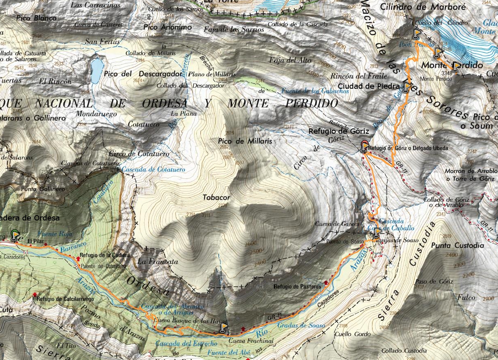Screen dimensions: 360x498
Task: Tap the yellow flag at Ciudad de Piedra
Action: tap(407, 87)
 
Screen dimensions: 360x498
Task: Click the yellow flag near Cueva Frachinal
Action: tap(224, 327)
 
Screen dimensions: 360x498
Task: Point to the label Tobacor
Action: tap(216, 198)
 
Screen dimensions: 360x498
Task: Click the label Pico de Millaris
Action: tap(245, 141)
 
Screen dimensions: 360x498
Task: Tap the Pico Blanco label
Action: tap(37, 18)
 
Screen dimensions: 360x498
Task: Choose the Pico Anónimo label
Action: tap(168, 27)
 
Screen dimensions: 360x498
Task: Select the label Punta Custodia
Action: tap(458, 245)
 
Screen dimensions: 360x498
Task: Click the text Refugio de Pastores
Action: tap(297, 287)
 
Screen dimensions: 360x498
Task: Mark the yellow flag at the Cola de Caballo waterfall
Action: tap(377, 233)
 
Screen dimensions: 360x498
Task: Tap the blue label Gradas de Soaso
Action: tap(301, 326)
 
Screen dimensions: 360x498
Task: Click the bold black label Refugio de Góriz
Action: tap(339, 131)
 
